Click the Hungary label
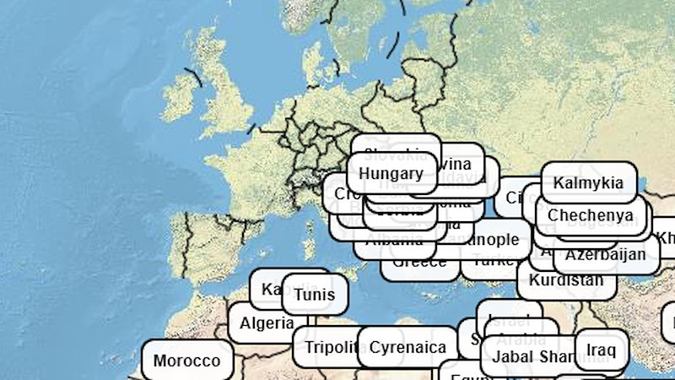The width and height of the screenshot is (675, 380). pos(391,174)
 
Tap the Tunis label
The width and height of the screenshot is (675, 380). pos(315,295)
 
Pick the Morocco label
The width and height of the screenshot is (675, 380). pos(186,361)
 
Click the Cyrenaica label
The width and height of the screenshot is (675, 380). pos(408,347)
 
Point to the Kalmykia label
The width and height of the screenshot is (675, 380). pos(588,182)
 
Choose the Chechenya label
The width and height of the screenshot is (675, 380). pos(591,215)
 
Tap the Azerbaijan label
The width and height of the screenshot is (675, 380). pos(605,253)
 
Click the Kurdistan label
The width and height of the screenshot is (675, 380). pos(566,280)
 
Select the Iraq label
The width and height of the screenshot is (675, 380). pos(602,349)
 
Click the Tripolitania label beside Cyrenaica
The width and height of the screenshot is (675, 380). pos(325,347)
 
